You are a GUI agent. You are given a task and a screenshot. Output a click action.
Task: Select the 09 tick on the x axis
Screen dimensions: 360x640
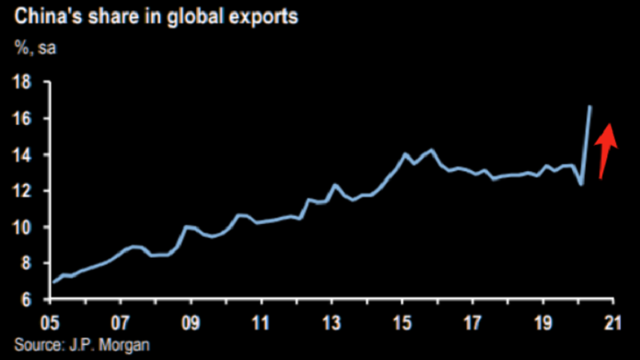tap(190, 324)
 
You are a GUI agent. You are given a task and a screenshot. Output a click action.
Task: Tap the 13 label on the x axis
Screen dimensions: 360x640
tap(331, 324)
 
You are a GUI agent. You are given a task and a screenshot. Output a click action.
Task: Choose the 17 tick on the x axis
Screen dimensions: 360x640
tap(472, 324)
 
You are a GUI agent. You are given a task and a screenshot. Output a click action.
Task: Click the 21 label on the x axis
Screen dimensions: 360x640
tap(612, 324)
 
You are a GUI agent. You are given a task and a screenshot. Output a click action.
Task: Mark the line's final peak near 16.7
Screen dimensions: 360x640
tap(590, 106)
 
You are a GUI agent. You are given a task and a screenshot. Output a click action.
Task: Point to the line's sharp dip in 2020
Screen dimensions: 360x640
tap(581, 185)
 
